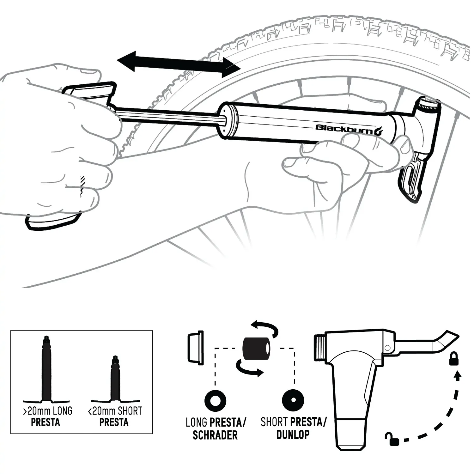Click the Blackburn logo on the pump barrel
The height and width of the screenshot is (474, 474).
pyautogui.click(x=349, y=129)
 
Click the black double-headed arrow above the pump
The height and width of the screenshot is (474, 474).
pyautogui.click(x=179, y=64)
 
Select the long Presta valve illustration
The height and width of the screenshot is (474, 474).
pyautogui.click(x=46, y=370)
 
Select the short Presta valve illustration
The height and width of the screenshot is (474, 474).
pyautogui.click(x=115, y=379)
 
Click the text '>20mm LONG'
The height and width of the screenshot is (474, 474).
pyautogui.click(x=48, y=411)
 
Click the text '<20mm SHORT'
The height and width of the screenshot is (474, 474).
pyautogui.click(x=115, y=411)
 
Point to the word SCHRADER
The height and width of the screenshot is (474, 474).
pyautogui.click(x=215, y=435)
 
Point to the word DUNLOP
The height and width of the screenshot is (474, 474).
pyautogui.click(x=293, y=434)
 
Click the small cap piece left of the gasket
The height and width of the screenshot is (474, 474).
pyautogui.click(x=196, y=348)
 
